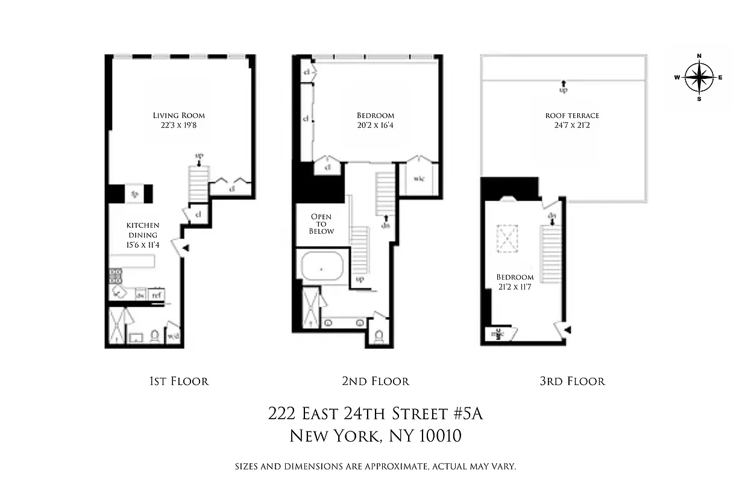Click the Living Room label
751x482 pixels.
[178, 115]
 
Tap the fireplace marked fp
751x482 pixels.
[134, 194]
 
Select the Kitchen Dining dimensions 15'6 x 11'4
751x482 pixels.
[143, 245]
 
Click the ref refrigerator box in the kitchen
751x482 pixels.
[156, 295]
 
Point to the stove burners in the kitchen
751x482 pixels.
[115, 276]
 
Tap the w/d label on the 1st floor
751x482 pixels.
[172, 336]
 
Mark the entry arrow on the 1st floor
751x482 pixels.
[186, 248]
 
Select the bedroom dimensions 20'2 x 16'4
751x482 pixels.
[375, 125]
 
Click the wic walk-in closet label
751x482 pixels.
[419, 178]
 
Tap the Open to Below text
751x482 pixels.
[321, 224]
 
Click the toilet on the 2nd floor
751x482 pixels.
[379, 336]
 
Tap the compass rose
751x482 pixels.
[699, 77]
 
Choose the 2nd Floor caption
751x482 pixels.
[375, 381]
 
